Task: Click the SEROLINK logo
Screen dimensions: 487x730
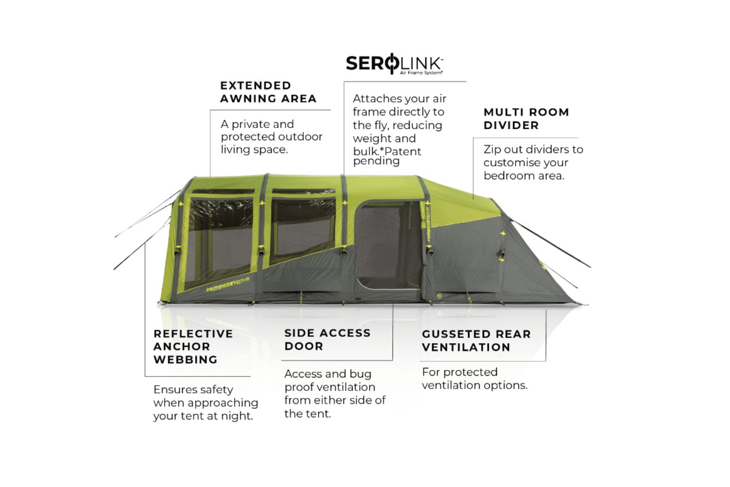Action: click(394, 63)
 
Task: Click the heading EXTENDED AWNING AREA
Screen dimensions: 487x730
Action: click(268, 92)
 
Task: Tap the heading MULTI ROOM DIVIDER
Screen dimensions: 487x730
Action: click(526, 119)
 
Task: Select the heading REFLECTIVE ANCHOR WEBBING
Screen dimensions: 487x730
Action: click(193, 347)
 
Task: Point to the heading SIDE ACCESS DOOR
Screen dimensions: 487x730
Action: click(327, 339)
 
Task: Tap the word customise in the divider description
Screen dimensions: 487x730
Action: click(526, 163)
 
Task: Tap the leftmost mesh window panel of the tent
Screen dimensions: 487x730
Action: click(219, 239)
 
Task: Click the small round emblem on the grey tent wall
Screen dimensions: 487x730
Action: click(439, 296)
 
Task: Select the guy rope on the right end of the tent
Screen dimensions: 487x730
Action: click(552, 244)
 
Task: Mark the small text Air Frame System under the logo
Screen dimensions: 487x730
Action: click(421, 73)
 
